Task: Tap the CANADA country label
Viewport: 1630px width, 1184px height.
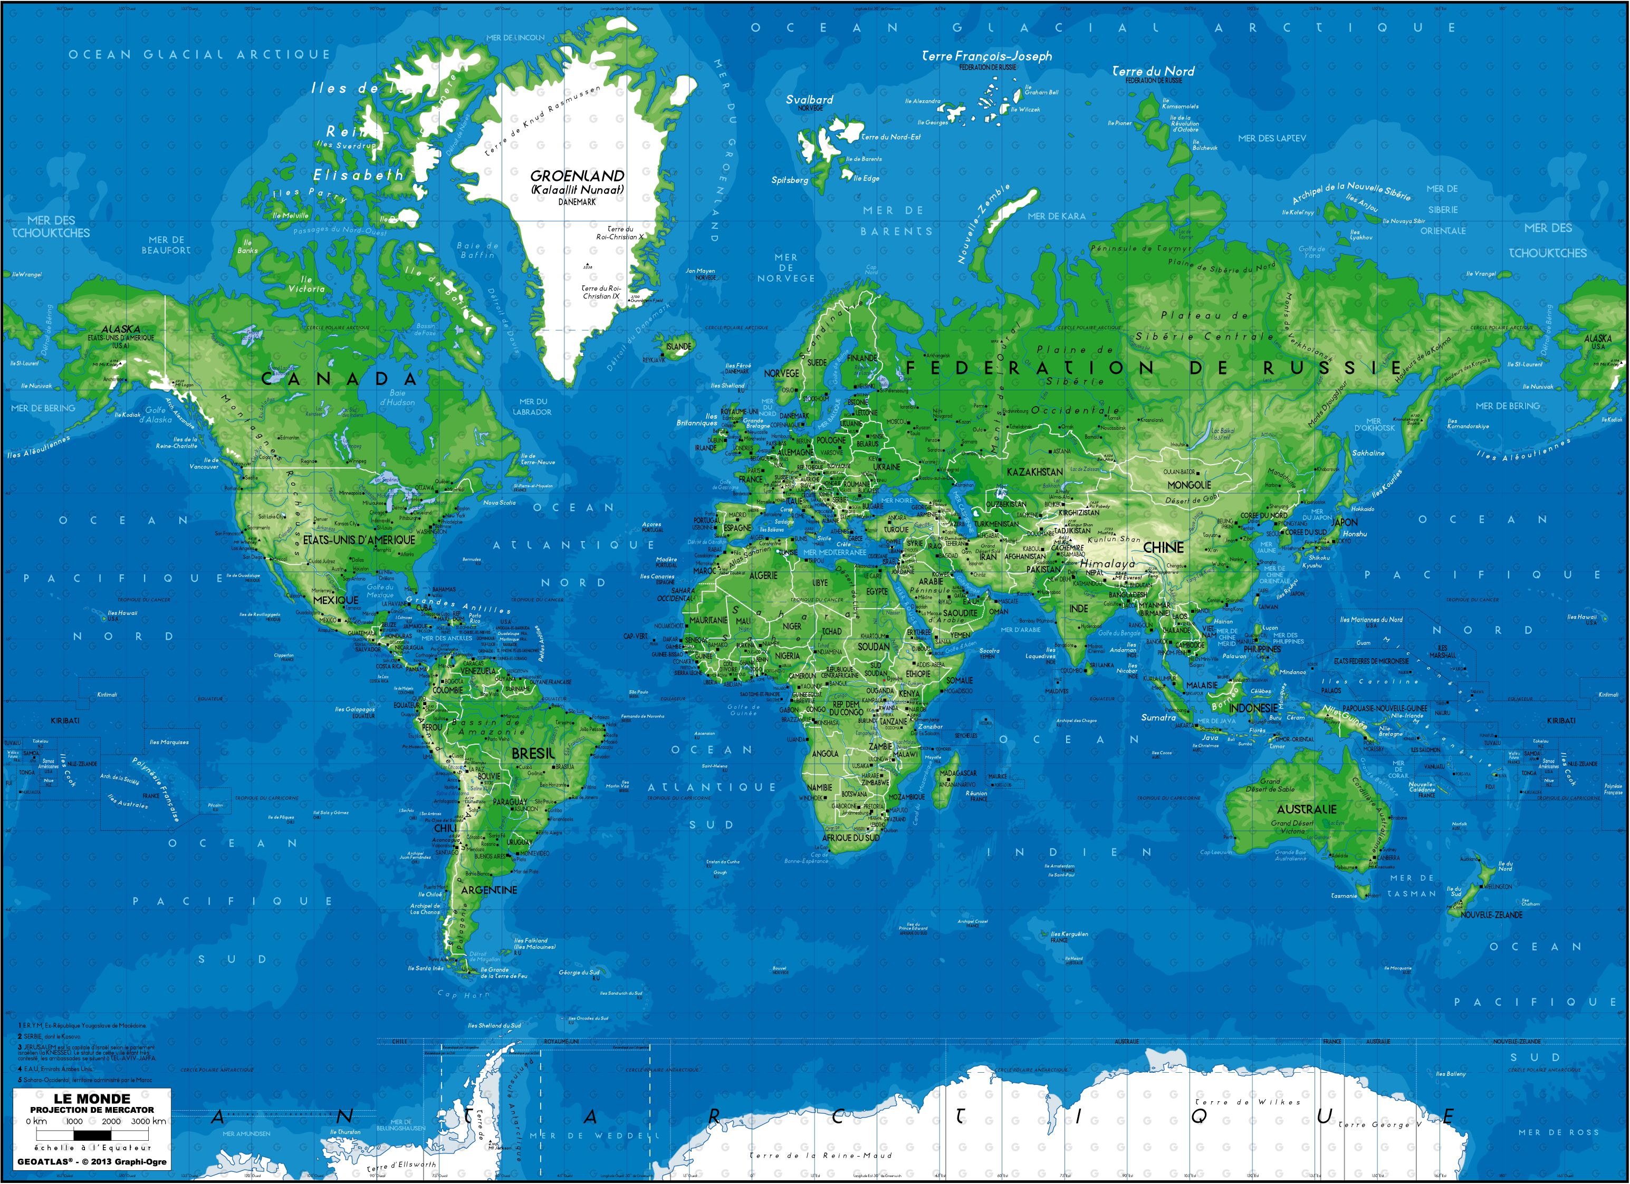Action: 339,379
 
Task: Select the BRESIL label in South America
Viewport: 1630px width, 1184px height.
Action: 533,754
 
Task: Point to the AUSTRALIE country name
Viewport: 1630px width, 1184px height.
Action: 1307,809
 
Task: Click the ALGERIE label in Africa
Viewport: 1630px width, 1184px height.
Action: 763,575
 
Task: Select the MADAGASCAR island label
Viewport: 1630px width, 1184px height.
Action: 958,773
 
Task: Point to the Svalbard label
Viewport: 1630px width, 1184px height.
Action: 809,100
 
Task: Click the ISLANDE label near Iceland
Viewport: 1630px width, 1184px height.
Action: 678,346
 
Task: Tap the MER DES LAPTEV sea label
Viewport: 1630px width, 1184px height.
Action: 1272,138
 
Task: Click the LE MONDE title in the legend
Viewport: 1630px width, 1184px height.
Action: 92,1099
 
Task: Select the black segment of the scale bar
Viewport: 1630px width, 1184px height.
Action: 93,1135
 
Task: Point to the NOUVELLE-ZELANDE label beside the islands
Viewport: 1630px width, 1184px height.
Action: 1491,915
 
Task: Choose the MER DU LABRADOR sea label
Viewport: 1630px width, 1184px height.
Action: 533,407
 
